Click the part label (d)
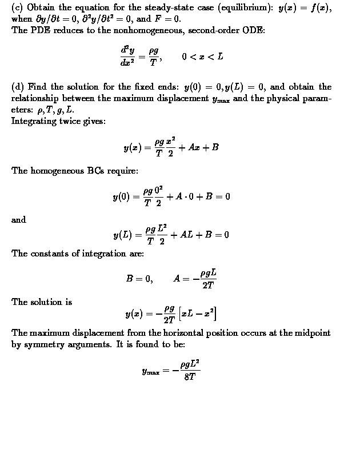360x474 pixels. click(x=17, y=87)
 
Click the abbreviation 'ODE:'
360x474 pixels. click(x=254, y=30)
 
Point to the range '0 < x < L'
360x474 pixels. click(x=202, y=57)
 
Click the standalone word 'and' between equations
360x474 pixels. click(x=18, y=219)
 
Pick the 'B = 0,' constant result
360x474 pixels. click(x=139, y=279)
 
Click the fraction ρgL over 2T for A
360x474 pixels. click(x=208, y=279)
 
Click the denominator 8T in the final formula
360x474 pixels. click(x=190, y=377)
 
